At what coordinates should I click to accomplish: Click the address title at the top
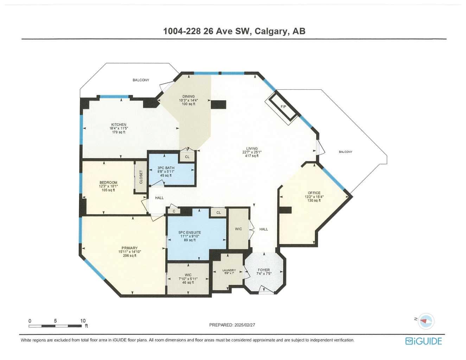coord(234,31)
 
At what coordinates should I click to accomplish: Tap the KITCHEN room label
coord(119,125)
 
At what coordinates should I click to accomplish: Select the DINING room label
coord(188,97)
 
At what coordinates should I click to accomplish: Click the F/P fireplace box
coord(283,107)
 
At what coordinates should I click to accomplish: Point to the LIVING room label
coord(252,149)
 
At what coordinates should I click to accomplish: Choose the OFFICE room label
coord(314,193)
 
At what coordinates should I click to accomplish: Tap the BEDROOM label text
coord(108,183)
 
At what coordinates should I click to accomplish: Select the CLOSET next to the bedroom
coord(141,177)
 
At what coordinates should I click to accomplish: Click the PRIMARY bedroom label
coord(130,248)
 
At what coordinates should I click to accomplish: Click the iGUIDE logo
coord(423,341)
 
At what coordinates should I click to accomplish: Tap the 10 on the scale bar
coord(83,321)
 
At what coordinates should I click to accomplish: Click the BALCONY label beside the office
coord(345,152)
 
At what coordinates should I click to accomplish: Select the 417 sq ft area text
coord(252,156)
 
